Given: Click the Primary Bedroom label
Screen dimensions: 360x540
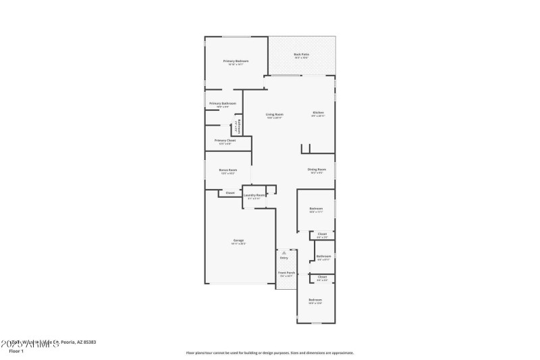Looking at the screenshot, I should [x=236, y=61].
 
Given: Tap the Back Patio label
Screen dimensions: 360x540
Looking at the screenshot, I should [x=301, y=55].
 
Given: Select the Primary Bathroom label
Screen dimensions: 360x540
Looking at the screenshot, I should [x=222, y=103].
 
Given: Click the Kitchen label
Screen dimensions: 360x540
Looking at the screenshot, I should [x=318, y=112].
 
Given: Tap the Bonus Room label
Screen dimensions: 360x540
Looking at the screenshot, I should [x=227, y=170].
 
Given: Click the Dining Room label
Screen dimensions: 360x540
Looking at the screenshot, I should [x=317, y=169].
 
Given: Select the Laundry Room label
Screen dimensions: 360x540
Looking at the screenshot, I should [x=254, y=195].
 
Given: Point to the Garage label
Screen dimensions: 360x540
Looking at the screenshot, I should [x=238, y=240].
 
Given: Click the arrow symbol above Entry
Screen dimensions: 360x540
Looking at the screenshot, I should [x=283, y=253].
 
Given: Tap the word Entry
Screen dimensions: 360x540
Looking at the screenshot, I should [x=283, y=258].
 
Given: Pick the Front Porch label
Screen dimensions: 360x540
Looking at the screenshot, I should [x=286, y=273].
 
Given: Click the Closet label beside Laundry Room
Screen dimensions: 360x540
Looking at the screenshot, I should [x=230, y=193].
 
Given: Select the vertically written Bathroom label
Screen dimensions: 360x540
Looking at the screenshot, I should [x=238, y=126].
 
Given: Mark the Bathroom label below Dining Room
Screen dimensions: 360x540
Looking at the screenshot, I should [x=324, y=256].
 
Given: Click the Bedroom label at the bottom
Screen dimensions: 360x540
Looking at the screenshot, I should [x=315, y=299].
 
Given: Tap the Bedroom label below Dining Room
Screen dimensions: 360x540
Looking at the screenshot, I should [x=316, y=209].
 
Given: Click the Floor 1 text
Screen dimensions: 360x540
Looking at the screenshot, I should [x=16, y=351].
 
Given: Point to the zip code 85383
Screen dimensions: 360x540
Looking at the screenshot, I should [x=87, y=342].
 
